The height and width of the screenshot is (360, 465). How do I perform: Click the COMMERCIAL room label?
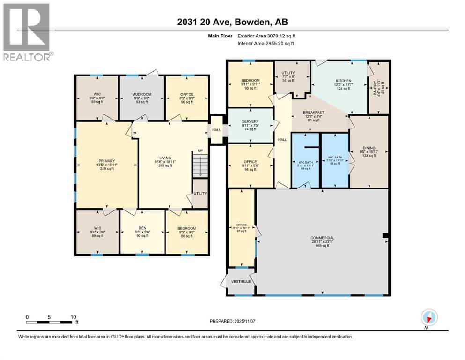click(322, 238)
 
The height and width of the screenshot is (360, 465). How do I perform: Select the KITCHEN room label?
click(343, 81)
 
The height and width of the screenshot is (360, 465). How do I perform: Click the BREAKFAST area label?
click(314, 112)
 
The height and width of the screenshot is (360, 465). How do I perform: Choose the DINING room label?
click(369, 148)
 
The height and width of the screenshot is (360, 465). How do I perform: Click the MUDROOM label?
click(141, 94)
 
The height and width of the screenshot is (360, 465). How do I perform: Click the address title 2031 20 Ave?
click(233, 21)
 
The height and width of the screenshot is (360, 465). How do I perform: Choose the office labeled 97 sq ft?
click(241, 228)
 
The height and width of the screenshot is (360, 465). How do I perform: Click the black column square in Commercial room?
click(385, 235)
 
